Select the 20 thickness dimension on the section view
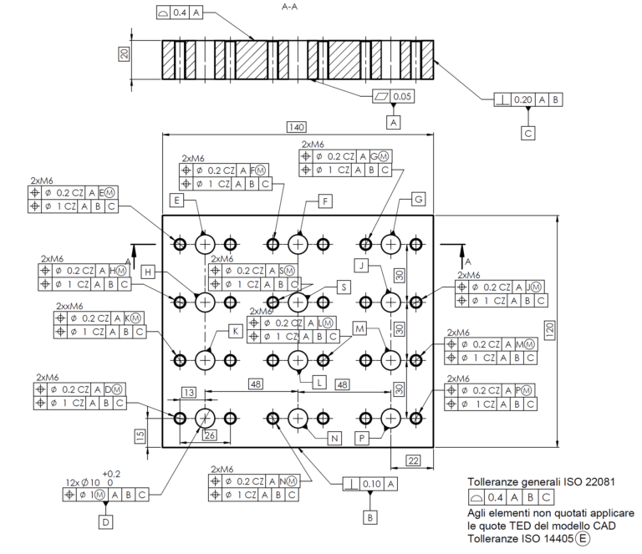125,55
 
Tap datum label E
176,201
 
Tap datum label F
325,201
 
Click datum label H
148,272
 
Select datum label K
237,332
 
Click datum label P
363,437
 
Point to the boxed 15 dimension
141,435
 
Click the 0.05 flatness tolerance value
402,97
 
